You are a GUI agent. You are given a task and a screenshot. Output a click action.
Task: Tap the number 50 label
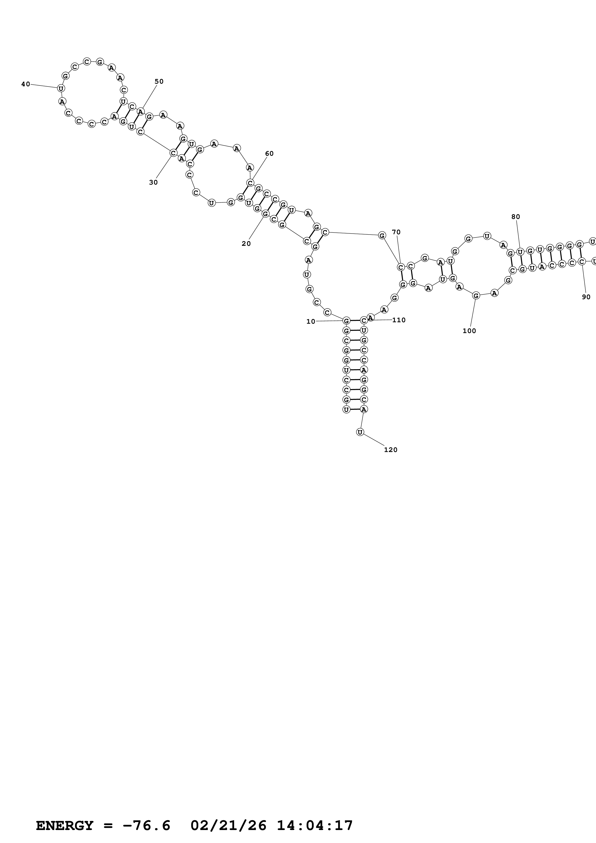[x=159, y=81]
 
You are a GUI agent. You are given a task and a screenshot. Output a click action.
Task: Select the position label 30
[x=153, y=182]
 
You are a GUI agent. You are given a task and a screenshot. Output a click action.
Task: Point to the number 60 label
[x=270, y=154]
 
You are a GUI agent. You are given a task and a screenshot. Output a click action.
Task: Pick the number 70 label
[x=396, y=232]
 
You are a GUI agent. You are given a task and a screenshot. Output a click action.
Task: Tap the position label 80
[x=516, y=217]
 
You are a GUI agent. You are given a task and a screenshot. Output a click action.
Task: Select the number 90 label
[x=586, y=297]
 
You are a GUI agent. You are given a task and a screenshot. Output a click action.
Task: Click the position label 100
[x=469, y=331]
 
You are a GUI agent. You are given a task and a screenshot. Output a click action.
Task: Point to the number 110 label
[x=399, y=320]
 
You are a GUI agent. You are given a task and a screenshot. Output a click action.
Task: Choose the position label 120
[x=391, y=450]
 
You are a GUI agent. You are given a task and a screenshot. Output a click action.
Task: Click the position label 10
[x=311, y=322]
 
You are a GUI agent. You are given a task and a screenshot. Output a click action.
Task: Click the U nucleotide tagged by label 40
[x=61, y=88]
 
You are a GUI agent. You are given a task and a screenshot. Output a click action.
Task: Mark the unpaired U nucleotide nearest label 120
[x=360, y=433]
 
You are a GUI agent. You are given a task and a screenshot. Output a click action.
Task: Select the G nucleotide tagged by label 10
[x=346, y=321]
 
